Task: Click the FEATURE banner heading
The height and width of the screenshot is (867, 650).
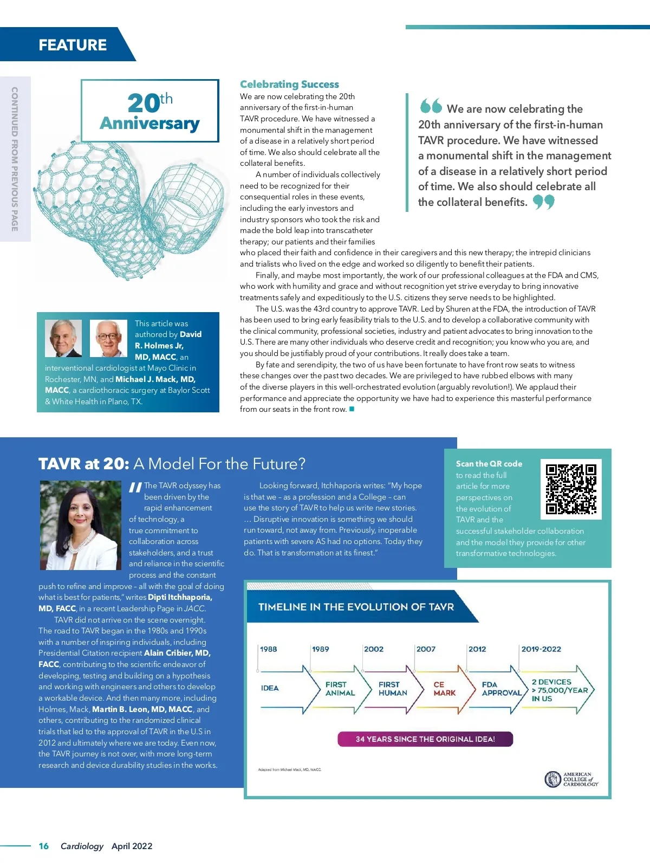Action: pos(73,45)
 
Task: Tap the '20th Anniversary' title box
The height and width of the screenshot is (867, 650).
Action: pos(150,111)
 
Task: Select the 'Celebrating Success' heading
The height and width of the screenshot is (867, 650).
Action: pos(289,85)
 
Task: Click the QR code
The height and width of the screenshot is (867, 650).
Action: pos(571,489)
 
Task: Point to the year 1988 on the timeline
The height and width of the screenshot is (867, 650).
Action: pos(269,649)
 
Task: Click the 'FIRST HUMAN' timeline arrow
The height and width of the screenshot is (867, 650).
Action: pos(393,689)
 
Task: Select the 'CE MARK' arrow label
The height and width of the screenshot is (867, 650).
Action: pos(445,689)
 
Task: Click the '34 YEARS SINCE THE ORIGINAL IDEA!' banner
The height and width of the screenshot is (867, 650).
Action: pos(425,739)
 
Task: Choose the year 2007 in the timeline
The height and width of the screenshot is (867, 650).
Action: pos(426,649)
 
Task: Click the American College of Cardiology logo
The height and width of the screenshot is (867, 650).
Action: pos(571,779)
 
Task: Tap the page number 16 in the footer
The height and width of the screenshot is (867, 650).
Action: pos(44,846)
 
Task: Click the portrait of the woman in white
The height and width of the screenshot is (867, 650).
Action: pos(81,525)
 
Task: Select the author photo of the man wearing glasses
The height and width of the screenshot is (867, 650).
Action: pos(108,338)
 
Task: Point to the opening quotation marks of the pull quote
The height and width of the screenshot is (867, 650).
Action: pos(431,106)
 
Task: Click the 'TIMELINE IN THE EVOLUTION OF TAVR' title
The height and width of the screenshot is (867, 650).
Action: pos(356,607)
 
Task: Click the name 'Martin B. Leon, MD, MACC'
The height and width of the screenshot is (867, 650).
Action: pos(142,709)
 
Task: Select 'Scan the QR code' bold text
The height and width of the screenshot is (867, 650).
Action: pos(489,464)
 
